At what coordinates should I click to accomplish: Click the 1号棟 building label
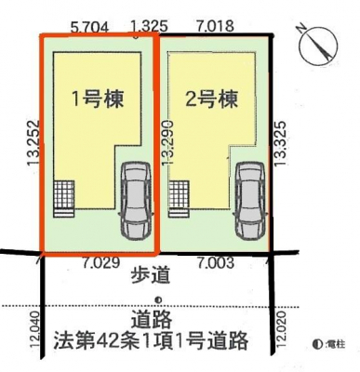click(98, 99)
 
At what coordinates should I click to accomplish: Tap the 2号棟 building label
click(212, 99)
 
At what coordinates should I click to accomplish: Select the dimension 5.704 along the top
click(90, 27)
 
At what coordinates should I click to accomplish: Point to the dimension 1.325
click(149, 26)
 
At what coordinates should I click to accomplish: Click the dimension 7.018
click(215, 26)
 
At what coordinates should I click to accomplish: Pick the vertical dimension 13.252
click(33, 143)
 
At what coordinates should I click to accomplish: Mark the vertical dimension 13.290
click(167, 141)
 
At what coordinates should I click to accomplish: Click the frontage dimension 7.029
click(101, 263)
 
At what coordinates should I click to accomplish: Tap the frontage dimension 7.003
click(215, 263)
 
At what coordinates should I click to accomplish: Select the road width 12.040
click(34, 330)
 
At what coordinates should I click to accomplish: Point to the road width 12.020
click(281, 330)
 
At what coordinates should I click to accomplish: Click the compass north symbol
click(317, 46)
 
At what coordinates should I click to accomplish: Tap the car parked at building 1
click(137, 201)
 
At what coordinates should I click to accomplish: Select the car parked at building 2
click(250, 201)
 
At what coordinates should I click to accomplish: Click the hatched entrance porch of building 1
click(64, 199)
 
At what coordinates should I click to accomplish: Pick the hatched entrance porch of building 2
click(179, 199)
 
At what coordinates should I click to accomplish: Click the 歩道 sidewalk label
click(151, 275)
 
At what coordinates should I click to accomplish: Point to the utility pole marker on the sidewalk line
click(158, 299)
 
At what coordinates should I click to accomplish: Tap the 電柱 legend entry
click(329, 344)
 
